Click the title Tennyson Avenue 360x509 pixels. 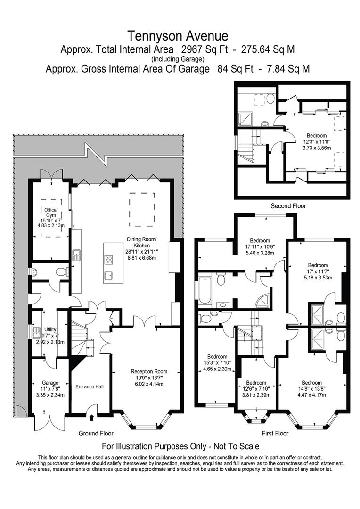pyautogui.click(x=178, y=36)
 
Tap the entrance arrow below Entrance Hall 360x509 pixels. pyautogui.click(x=91, y=418)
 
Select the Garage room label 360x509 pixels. pyautogui.click(x=50, y=383)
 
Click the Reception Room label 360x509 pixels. pyautogui.click(x=149, y=371)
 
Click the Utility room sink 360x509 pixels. pyautogui.click(x=36, y=332)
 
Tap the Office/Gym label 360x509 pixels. pyautogui.click(x=51, y=212)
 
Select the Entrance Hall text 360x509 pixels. pyautogui.click(x=90, y=386)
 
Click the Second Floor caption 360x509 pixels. pyautogui.click(x=288, y=206)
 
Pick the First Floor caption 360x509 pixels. pyautogui.click(x=275, y=434)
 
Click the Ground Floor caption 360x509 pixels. pyautogui.click(x=96, y=434)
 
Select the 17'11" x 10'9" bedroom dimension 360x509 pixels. pyautogui.click(x=260, y=246)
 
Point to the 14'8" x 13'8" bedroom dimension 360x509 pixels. pyautogui.click(x=311, y=389)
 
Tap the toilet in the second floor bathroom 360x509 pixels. pyautogui.click(x=271, y=98)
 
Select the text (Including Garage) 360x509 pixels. pyautogui.click(x=178, y=59)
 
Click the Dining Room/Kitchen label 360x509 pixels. pyautogui.click(x=142, y=243)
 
